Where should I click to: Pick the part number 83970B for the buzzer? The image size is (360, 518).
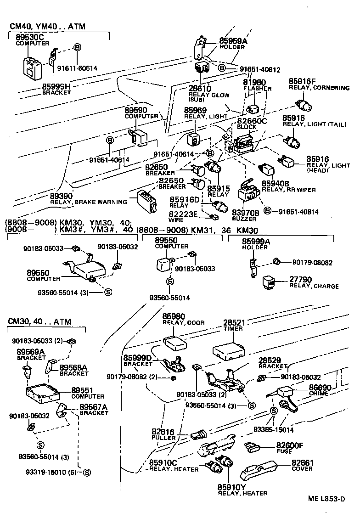click(x=246, y=213)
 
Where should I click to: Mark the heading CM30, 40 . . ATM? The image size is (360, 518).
click(x=39, y=322)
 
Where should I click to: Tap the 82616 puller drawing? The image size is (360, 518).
click(x=198, y=434)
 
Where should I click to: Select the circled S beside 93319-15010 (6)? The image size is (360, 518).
click(x=86, y=473)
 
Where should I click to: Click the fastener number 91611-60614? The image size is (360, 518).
click(x=77, y=68)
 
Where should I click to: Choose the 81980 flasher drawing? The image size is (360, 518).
click(x=253, y=109)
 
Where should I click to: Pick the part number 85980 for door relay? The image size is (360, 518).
click(x=173, y=316)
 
